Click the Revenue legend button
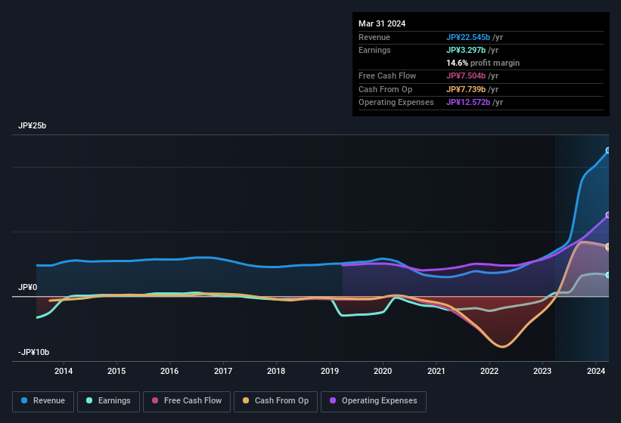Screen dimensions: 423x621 pos(44,400)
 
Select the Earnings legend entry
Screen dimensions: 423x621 pos(107,400)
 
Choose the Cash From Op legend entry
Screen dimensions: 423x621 pos(275,400)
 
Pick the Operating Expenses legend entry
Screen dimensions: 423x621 pos(374,400)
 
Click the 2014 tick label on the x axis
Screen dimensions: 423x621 pos(64,371)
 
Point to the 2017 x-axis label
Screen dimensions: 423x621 pos(223,371)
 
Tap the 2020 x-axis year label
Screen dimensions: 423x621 pos(383,371)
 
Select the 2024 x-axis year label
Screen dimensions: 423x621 pos(596,371)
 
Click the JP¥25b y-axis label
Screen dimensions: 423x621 pos(32,126)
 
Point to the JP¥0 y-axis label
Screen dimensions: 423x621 pos(27,288)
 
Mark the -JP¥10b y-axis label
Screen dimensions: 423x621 pos(33,353)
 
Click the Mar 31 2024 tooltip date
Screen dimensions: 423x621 pos(382,23)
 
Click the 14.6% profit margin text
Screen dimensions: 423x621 pos(483,63)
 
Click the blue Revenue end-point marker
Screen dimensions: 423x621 pos(608,150)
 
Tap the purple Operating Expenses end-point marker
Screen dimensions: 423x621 pos(608,215)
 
